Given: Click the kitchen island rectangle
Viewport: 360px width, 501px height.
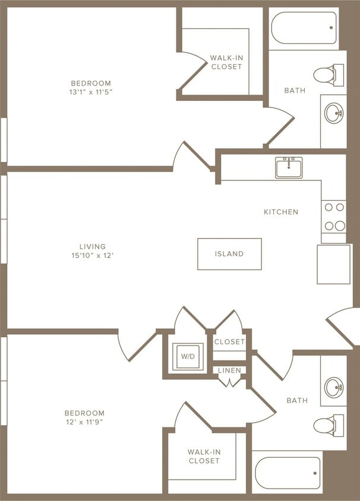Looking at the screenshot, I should (x=229, y=254).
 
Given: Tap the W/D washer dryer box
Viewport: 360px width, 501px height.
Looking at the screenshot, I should (x=187, y=357).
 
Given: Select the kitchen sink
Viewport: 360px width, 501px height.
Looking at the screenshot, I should (x=289, y=167).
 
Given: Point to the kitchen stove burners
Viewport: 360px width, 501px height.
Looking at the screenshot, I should (x=334, y=217).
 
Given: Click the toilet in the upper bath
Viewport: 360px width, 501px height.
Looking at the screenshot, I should (x=329, y=75).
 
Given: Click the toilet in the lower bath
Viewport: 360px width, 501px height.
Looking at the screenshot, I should (x=329, y=425).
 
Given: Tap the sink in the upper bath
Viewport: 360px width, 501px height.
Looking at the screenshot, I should (x=334, y=112).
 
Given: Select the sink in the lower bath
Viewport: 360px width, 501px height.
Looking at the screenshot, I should (x=334, y=387).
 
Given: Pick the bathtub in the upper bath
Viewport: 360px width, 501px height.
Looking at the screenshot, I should (x=304, y=28).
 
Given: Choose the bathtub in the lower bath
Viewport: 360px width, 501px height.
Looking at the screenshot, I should (x=287, y=473).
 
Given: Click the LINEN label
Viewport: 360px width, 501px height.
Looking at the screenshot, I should (x=229, y=370).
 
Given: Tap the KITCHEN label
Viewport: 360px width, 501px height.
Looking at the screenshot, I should (x=281, y=212).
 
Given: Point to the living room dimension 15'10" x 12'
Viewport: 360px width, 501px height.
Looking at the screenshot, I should (x=92, y=256).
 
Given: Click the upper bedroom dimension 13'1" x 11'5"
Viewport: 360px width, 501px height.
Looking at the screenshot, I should (x=91, y=93).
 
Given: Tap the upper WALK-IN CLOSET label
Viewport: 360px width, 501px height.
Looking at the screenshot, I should (x=226, y=62).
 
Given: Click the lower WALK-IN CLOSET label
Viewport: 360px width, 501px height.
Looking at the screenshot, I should (x=204, y=456).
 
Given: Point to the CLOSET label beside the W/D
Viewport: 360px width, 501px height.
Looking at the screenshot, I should (x=229, y=342).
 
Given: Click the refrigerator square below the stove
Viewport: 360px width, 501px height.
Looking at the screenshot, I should (x=333, y=264).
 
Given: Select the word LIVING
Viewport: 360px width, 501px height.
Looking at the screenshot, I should (x=92, y=246).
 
